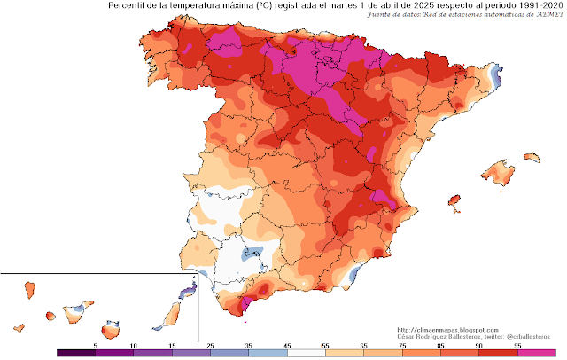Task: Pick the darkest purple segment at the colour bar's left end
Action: [x=71, y=352]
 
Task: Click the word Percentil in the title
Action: [x=132, y=6]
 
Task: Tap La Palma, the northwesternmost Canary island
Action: [x=29, y=290]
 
